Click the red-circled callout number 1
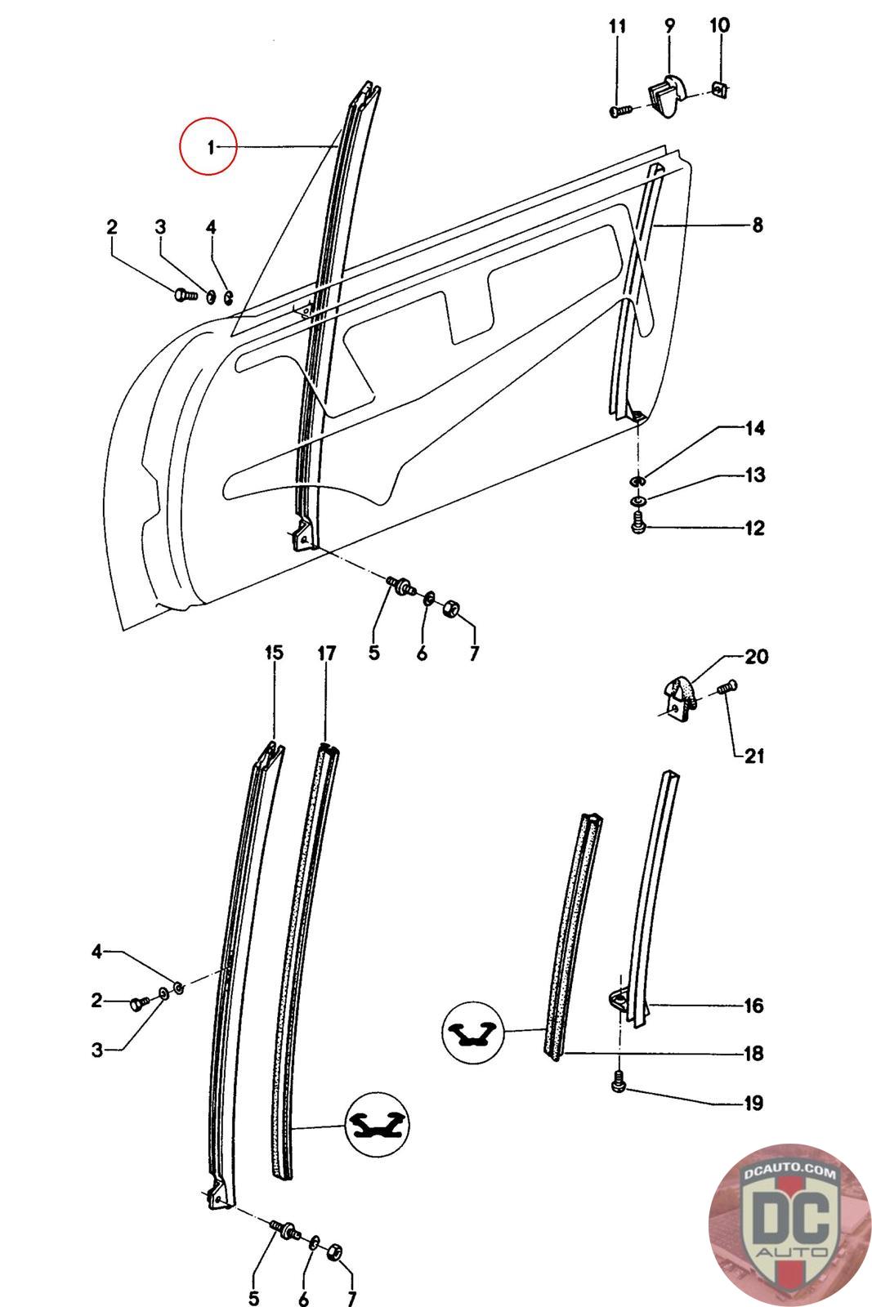[x=211, y=147]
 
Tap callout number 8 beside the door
[x=757, y=225]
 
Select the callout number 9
[x=669, y=25]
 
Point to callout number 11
[x=618, y=26]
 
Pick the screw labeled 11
[x=621, y=109]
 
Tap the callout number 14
[x=754, y=428]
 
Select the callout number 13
[x=754, y=475]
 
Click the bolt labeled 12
[x=639, y=521]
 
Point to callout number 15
[x=274, y=653]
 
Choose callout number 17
[x=327, y=653]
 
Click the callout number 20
[x=756, y=657]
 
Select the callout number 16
[x=753, y=1006]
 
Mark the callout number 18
[x=753, y=1053]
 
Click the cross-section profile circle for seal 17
[x=377, y=1124]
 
